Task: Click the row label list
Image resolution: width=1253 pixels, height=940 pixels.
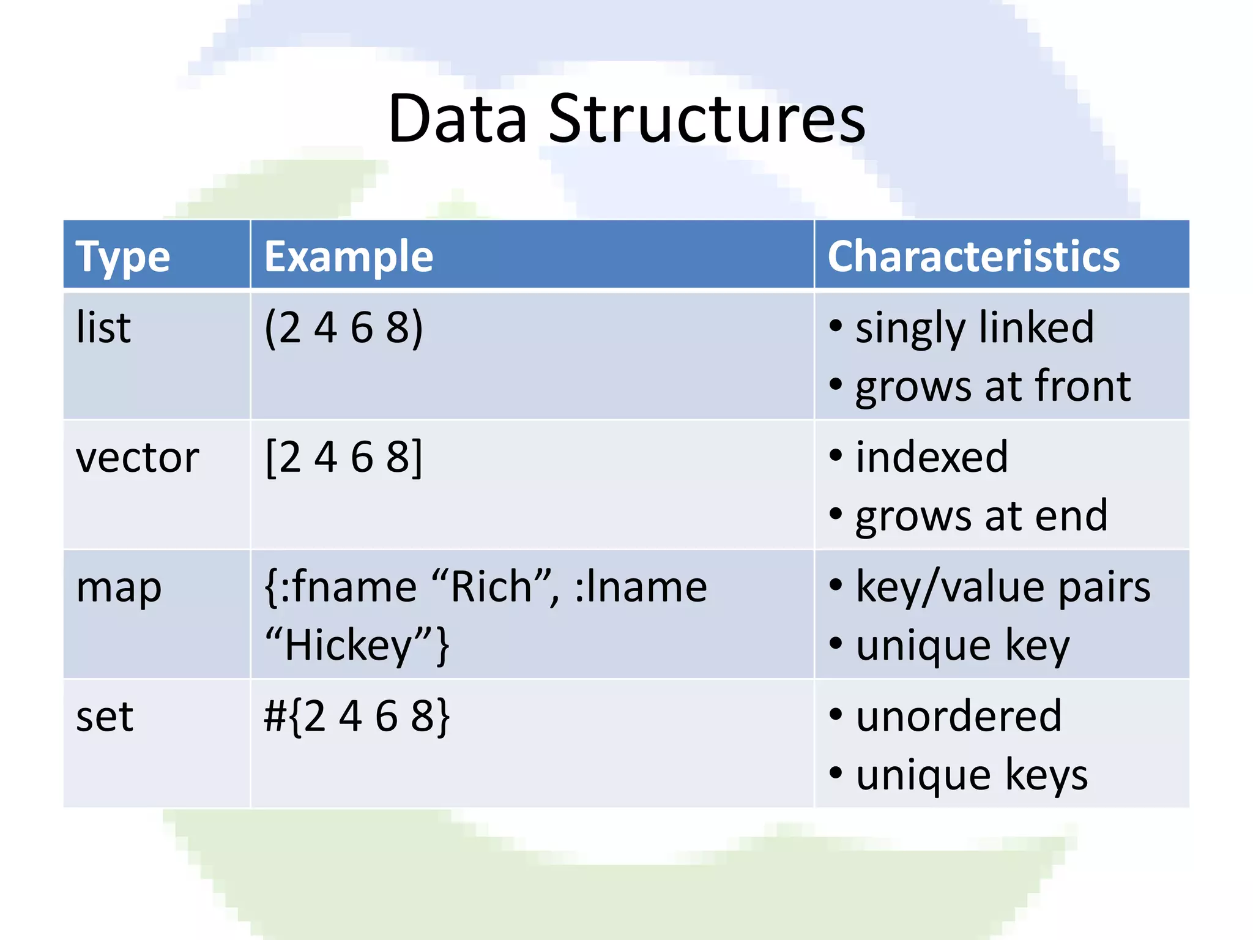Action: pyautogui.click(x=103, y=327)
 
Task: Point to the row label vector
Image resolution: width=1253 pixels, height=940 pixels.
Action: pyautogui.click(x=137, y=457)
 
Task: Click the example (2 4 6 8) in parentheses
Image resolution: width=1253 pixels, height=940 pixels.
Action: pyautogui.click(x=343, y=327)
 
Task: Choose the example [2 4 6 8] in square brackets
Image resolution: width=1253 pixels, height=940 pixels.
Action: pyautogui.click(x=343, y=457)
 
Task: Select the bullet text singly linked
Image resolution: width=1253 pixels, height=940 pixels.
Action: pyautogui.click(x=974, y=327)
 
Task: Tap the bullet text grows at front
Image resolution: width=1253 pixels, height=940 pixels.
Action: pyautogui.click(x=992, y=386)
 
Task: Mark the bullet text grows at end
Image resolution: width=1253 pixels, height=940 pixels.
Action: pyautogui.click(x=981, y=516)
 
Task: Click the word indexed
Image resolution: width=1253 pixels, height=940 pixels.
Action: pyautogui.click(x=931, y=457)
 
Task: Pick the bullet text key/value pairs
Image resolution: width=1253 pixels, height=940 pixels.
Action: pyautogui.click(x=1002, y=587)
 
